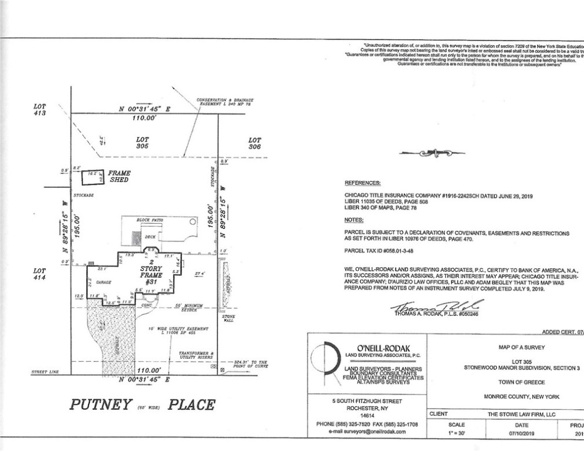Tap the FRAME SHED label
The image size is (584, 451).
pos(119,176)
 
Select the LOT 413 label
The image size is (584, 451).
pos(40,110)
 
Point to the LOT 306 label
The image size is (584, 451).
pos(254,144)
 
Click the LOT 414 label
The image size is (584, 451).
pos(40,274)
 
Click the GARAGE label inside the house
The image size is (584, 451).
pos(104,282)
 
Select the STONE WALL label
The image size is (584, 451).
pos(228,319)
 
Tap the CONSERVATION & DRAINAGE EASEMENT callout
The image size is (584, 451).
pos(220,102)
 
